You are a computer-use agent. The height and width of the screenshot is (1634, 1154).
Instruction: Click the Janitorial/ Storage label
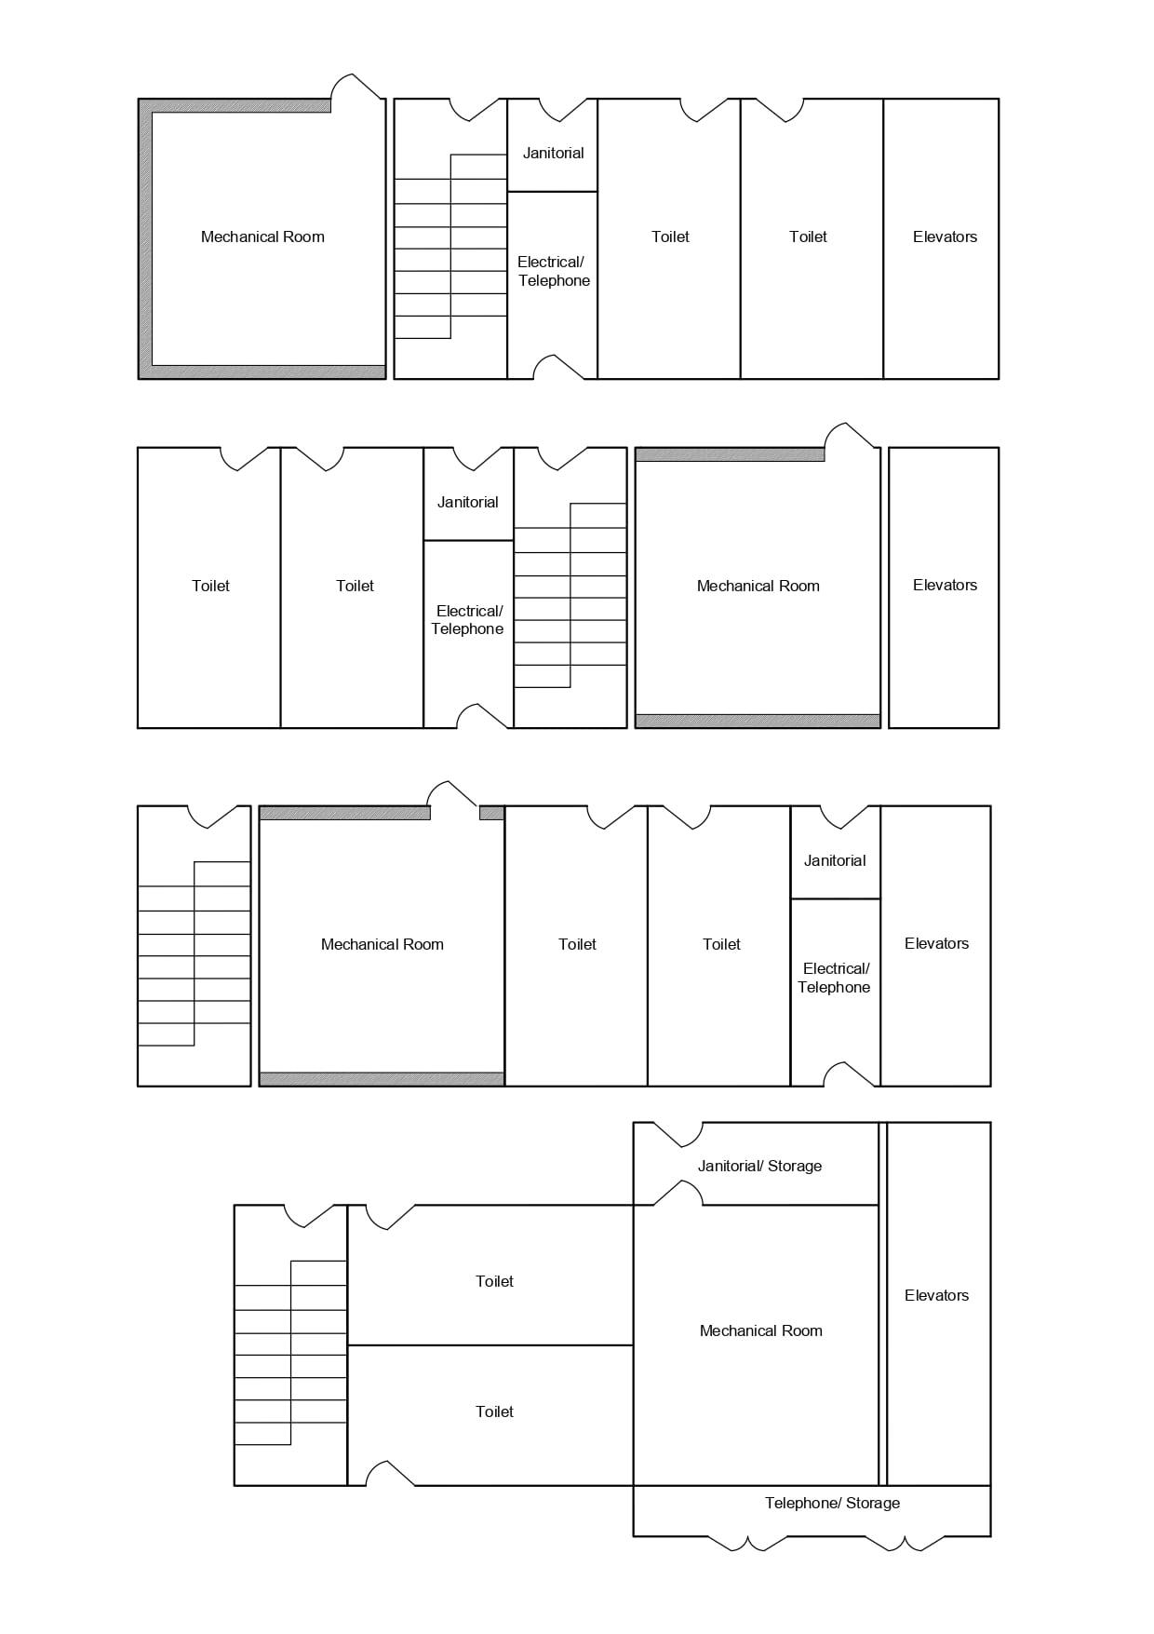[759, 1166]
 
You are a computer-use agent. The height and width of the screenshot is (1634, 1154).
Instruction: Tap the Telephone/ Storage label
[832, 1503]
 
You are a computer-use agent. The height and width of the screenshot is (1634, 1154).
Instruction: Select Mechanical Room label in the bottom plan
[760, 1330]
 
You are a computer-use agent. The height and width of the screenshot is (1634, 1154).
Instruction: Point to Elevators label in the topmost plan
[945, 236]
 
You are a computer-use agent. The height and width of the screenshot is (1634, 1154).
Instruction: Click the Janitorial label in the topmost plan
[553, 153]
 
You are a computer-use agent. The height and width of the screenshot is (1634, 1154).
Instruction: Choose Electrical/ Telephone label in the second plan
[468, 619]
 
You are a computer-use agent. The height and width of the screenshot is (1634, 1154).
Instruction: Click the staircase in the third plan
[195, 953]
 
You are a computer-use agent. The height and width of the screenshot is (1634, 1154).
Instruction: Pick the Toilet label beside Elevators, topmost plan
[808, 236]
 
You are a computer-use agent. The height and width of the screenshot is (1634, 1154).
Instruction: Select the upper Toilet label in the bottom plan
[494, 1281]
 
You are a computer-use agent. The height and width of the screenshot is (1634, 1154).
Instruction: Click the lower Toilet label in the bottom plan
[494, 1411]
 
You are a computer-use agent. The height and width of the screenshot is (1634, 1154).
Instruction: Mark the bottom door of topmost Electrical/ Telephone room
[558, 367]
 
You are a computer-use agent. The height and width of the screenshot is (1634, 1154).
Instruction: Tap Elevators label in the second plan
[945, 585]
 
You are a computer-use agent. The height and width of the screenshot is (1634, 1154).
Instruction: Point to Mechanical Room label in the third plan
[382, 944]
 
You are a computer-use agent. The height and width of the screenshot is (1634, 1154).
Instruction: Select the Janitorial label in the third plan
[835, 860]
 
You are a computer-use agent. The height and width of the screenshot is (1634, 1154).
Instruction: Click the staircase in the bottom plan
[290, 1353]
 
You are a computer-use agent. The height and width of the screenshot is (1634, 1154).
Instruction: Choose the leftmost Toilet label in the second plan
[210, 586]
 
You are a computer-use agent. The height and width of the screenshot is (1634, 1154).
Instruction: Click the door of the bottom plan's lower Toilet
[390, 1473]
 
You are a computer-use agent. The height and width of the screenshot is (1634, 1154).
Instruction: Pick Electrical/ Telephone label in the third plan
[834, 978]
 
